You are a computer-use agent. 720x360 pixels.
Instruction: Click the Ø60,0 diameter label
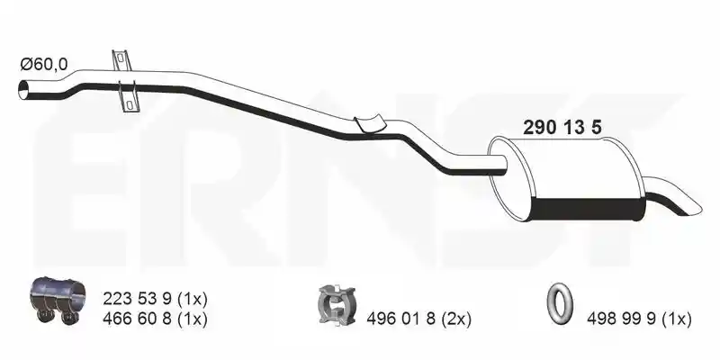43,64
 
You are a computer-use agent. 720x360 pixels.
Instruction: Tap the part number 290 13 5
562,128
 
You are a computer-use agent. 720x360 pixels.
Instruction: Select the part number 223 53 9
137,300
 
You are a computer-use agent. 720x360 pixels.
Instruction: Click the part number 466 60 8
137,319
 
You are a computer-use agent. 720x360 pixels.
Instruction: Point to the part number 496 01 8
400,319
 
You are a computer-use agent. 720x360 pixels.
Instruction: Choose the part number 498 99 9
621,319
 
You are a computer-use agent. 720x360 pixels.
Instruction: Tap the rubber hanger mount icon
337,304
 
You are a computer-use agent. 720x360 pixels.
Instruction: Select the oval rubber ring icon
560,302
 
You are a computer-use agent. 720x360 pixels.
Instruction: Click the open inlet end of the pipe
23,89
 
